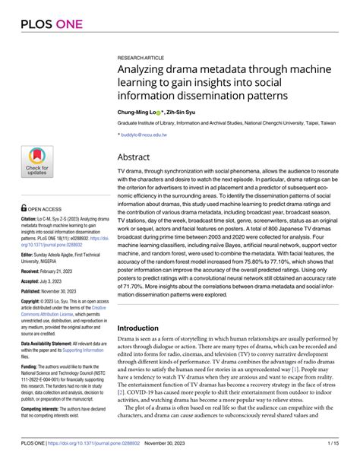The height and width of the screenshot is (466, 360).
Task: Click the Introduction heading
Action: (x=144, y=328)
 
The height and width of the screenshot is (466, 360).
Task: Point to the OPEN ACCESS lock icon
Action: (x=24, y=207)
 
